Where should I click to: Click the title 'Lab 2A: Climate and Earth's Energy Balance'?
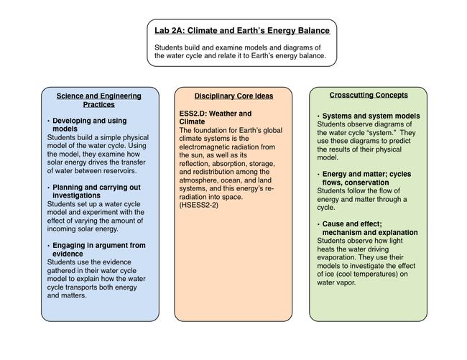pos(242,31)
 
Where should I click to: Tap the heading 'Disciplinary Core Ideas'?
pos(233,96)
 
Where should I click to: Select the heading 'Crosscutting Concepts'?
pos(369,95)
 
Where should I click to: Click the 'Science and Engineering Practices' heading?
pos(99,100)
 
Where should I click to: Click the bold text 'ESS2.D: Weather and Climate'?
pos(216,118)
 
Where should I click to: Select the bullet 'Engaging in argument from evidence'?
pos(97,249)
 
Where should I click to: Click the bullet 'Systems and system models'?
pos(381,116)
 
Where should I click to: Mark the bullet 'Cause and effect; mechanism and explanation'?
pos(370,229)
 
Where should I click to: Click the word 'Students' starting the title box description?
pos(170,47)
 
